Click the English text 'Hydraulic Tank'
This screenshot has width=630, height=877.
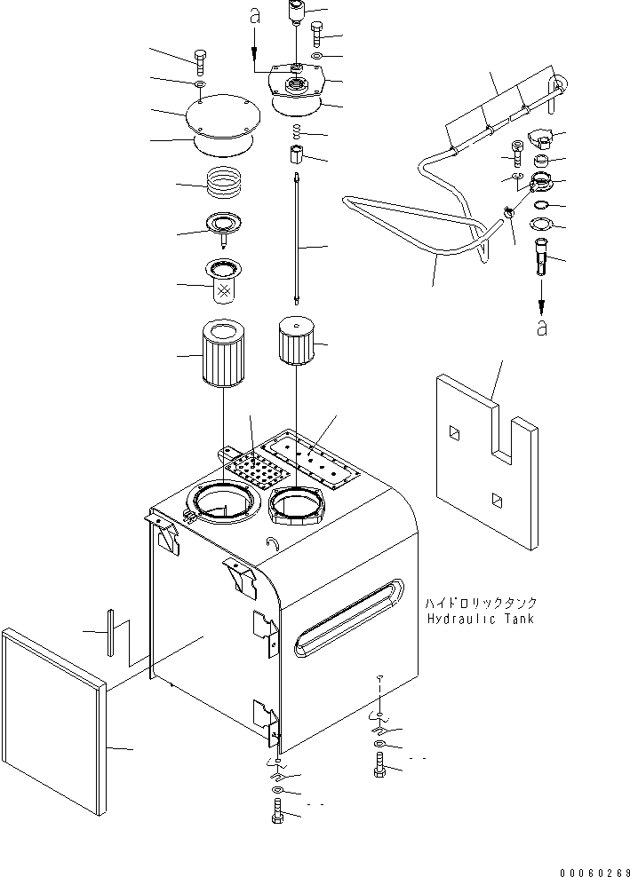click(480, 619)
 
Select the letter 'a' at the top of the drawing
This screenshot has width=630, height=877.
click(254, 16)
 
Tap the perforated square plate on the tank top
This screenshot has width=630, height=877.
click(256, 466)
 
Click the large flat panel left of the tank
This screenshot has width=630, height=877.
click(53, 719)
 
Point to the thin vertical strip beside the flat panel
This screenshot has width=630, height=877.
click(110, 632)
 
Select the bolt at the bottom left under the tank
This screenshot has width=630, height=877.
click(276, 811)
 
